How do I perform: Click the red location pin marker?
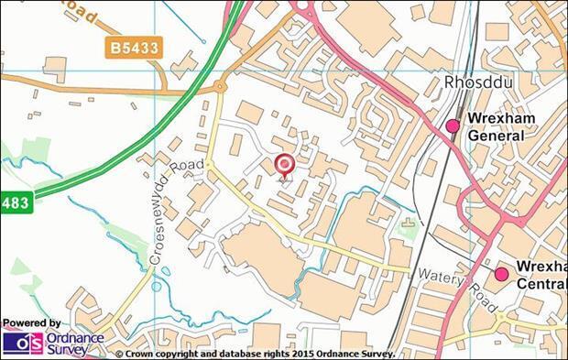tap(284, 165)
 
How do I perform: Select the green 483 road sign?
tap(15, 202)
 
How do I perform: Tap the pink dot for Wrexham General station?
tap(452, 126)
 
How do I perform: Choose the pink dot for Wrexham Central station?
tap(501, 274)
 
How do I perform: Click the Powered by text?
tap(32, 323)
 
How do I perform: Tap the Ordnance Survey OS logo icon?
tap(22, 343)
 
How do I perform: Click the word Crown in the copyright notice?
tap(142, 353)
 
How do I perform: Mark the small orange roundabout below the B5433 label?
tap(220, 88)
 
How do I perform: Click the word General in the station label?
tap(495, 136)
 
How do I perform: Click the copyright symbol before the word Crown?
tap(119, 353)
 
